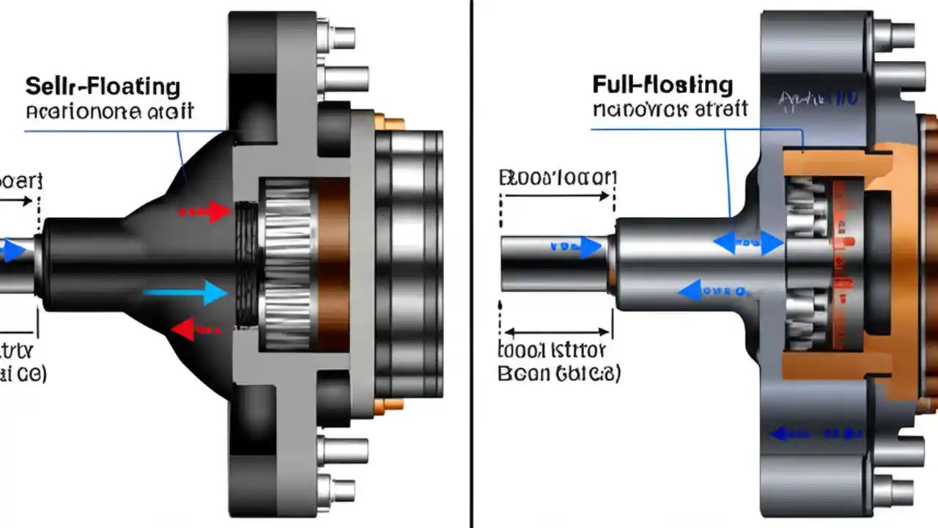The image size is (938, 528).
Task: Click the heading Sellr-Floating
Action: [x=103, y=87]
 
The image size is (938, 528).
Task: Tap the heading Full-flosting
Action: [x=662, y=84]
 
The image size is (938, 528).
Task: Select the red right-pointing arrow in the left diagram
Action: [x=205, y=211]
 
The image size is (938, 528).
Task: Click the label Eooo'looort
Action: [x=558, y=177]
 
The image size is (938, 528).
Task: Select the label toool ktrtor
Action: [x=558, y=348]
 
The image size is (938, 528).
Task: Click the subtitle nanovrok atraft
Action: [x=670, y=110]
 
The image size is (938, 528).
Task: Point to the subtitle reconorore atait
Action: [x=110, y=111]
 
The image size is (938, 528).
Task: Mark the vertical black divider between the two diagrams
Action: [x=470, y=264]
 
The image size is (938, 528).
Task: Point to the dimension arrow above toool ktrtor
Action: [x=556, y=331]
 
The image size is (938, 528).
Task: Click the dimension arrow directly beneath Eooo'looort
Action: [x=556, y=197]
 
